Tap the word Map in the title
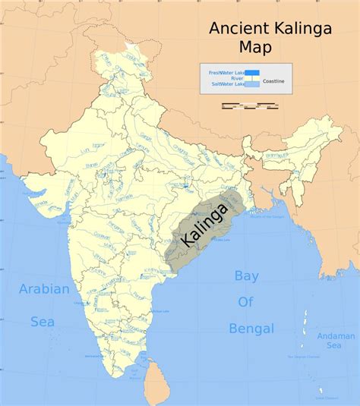tap(255, 49)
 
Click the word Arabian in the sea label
tap(44, 289)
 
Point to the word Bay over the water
tap(246, 276)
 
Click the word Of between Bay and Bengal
tap(245, 302)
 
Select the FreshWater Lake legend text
tap(226, 71)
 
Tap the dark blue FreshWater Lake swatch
tap(252, 73)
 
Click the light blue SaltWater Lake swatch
tap(252, 84)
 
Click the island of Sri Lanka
tap(156, 379)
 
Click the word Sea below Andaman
tap(333, 345)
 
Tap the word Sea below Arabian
tap(43, 322)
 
